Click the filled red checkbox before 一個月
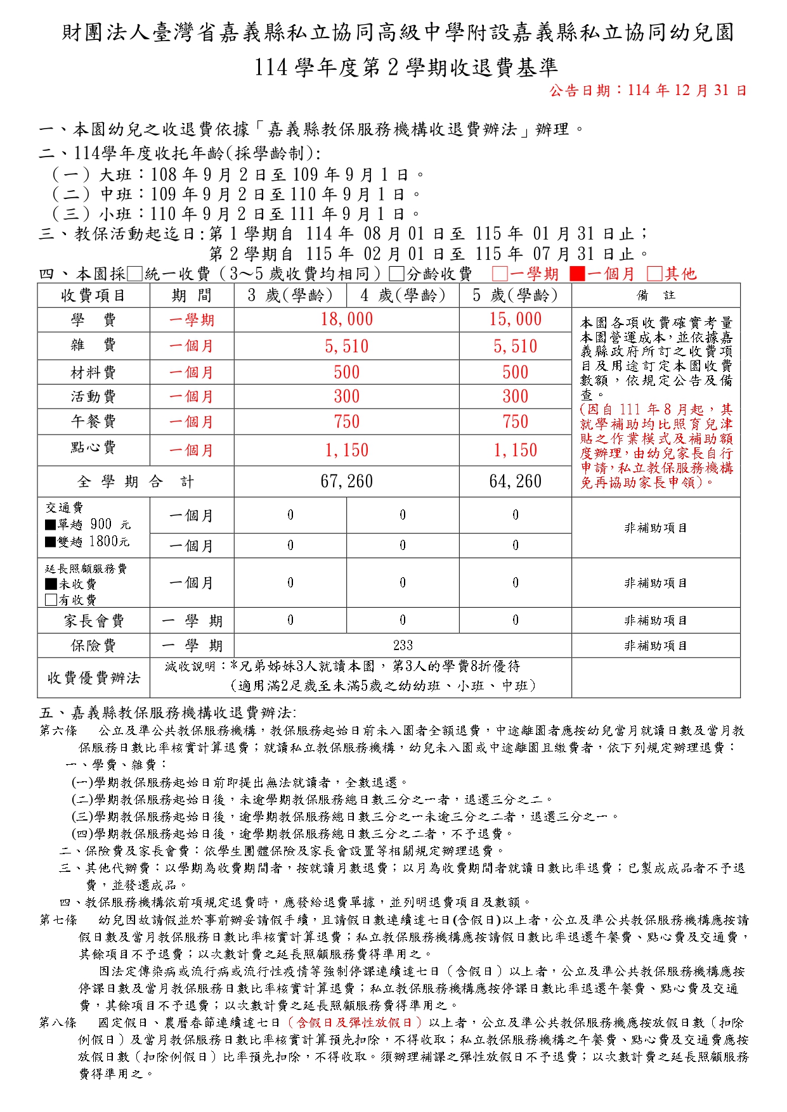[x=577, y=274]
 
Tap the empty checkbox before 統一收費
[x=134, y=274]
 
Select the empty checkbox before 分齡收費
[x=396, y=274]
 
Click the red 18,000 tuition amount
[x=346, y=319]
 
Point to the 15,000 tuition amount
[x=515, y=319]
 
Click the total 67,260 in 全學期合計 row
[x=346, y=482]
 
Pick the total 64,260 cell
[x=515, y=482]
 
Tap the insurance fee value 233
[x=403, y=645]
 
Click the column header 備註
[x=656, y=295]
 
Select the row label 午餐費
[x=93, y=421]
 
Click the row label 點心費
[x=93, y=447]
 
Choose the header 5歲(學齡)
[x=515, y=295]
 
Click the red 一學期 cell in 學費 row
[x=192, y=320]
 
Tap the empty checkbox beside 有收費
[x=51, y=599]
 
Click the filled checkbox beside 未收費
[x=51, y=584]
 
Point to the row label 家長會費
[x=93, y=621]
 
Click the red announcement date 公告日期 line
[x=648, y=91]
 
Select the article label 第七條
[x=58, y=919]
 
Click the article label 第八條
[x=58, y=1022]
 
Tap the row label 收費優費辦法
[x=93, y=678]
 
